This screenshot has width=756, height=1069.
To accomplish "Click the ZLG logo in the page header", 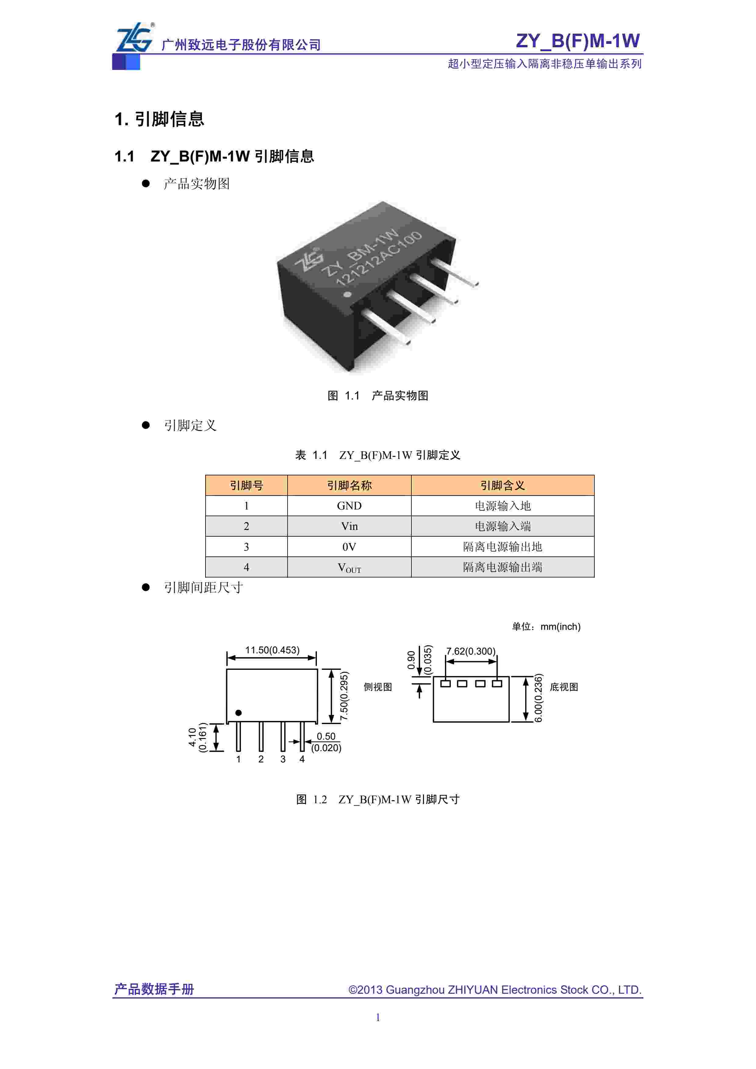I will pos(134,38).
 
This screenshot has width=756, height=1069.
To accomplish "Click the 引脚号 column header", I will pos(246,485).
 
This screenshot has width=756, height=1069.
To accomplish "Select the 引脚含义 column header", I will pos(502,485).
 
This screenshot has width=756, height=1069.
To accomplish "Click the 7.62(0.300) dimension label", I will pos(471,651).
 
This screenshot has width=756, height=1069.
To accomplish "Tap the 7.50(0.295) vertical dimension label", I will pos(344,696).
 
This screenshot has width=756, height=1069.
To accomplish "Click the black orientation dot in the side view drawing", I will pos(238,713).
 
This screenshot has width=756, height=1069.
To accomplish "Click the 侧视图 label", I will pos(378,687).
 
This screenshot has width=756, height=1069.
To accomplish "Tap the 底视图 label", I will pos(564,687).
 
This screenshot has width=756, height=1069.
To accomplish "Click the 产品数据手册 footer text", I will pos(154,989).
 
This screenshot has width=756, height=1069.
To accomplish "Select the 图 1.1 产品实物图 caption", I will pos(378,396).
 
